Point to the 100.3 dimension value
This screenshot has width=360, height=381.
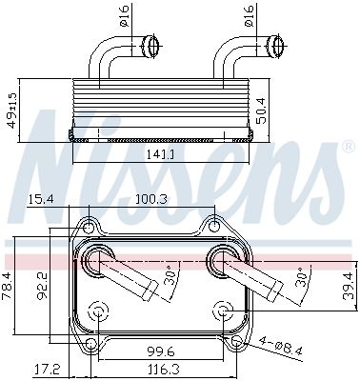(x=152, y=198)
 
